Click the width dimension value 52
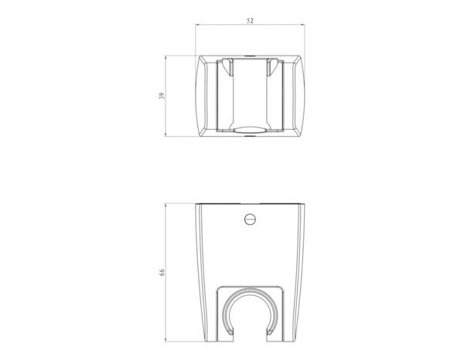[250, 22]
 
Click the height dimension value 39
[161, 97]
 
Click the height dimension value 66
[161, 273]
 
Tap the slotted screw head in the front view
[250, 219]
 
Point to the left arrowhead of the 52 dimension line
[196, 26]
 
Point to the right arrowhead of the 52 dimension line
[304, 26]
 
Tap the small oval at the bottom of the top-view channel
[250, 131]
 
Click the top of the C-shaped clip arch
[250, 294]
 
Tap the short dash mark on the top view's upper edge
[250, 56]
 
